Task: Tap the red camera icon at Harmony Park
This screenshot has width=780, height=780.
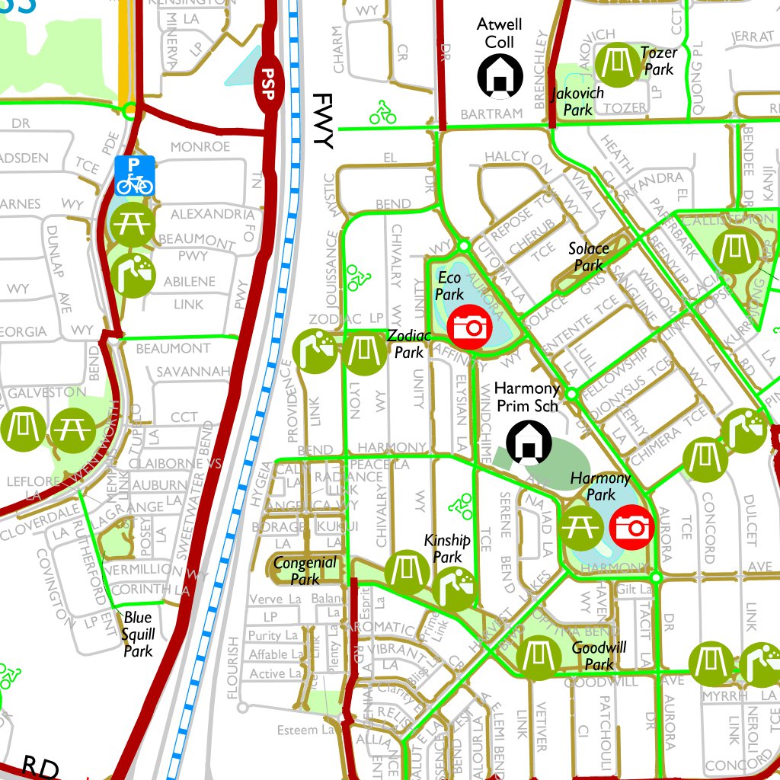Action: click(631, 526)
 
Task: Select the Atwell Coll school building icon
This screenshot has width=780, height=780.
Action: click(500, 76)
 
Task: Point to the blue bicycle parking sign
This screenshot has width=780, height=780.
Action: click(136, 175)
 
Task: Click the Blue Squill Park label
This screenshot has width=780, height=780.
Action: click(138, 634)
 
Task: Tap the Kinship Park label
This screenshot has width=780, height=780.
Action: click(448, 548)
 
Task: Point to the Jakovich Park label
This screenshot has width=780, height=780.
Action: click(578, 101)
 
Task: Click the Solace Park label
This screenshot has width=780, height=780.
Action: click(589, 257)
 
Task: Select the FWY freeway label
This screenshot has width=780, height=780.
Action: click(323, 122)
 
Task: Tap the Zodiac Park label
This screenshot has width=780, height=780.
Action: click(409, 344)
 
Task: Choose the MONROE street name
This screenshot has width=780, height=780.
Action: click(200, 146)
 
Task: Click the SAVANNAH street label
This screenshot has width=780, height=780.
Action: click(193, 372)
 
